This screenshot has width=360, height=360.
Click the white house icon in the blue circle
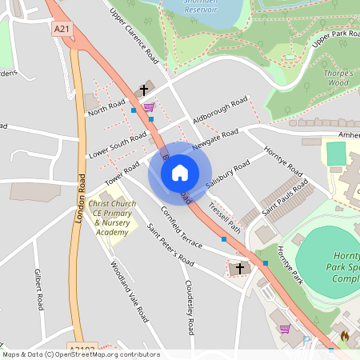[180, 173]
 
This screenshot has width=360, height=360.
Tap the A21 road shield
[62, 29]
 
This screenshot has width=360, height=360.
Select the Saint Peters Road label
[170, 249]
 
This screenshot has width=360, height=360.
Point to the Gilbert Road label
[39, 290]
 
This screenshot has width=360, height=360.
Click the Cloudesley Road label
[190, 308]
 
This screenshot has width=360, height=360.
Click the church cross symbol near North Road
[144, 90]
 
